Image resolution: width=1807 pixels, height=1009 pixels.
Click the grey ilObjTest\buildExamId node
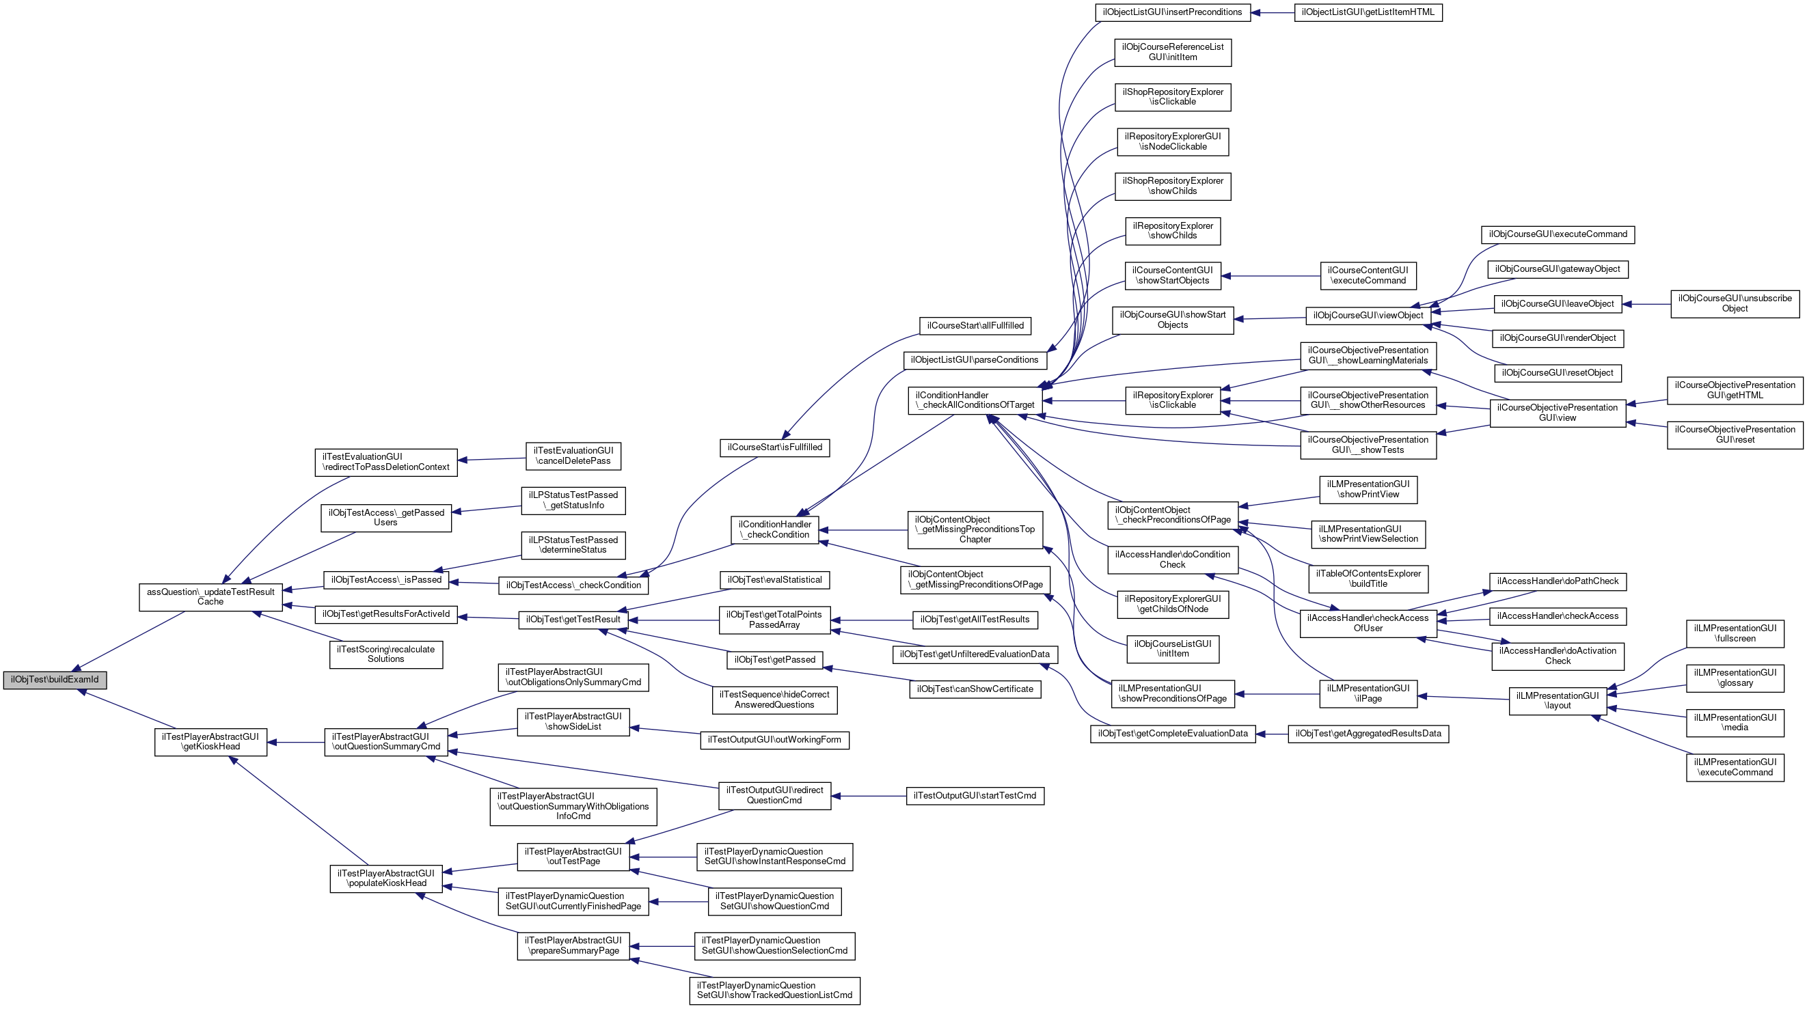click(55, 680)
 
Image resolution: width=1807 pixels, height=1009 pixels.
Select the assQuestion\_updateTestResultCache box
click(210, 596)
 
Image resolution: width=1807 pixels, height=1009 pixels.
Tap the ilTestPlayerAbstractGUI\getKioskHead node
click(210, 742)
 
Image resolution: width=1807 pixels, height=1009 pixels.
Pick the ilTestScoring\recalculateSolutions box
click(386, 654)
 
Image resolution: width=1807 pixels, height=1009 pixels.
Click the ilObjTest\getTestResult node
click(573, 620)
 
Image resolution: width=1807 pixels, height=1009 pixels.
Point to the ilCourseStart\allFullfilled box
click(975, 326)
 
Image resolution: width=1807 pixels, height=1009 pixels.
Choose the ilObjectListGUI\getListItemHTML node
click(1368, 12)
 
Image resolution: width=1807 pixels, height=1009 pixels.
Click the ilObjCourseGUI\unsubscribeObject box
click(1735, 303)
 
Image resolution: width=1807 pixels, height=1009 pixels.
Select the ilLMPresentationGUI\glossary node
click(1735, 678)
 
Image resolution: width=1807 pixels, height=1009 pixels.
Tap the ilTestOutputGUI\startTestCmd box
click(975, 796)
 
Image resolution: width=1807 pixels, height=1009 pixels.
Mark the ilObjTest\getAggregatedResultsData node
click(1368, 734)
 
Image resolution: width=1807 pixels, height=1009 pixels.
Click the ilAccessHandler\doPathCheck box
click(1558, 581)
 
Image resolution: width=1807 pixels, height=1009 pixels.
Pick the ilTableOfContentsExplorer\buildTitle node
click(1368, 579)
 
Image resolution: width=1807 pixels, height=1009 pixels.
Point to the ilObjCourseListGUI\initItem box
click(1172, 648)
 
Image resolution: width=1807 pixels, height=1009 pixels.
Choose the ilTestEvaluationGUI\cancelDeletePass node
click(573, 456)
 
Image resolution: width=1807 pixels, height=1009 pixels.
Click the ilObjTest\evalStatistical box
click(774, 580)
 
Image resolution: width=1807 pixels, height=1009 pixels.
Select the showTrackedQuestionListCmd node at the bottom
click(774, 990)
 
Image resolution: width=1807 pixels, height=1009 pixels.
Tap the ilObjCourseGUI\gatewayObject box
click(1558, 269)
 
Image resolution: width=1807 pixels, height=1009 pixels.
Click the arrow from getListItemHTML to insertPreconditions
click(1273, 12)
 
